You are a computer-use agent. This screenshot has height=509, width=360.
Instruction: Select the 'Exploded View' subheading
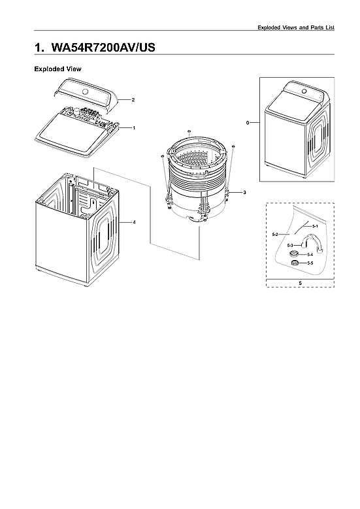pyautogui.click(x=57, y=69)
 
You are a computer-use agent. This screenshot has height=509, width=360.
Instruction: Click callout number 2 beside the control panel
pyautogui.click(x=133, y=100)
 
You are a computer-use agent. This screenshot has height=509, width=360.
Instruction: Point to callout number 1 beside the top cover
pyautogui.click(x=133, y=128)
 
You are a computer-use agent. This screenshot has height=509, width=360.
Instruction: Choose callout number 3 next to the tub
pyautogui.click(x=244, y=193)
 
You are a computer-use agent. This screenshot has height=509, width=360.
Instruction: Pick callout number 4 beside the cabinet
pyautogui.click(x=134, y=222)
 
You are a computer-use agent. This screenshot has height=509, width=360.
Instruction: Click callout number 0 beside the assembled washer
pyautogui.click(x=248, y=122)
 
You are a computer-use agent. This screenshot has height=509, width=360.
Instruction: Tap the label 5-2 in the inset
pyautogui.click(x=275, y=234)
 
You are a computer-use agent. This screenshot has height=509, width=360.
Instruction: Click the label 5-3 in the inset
pyautogui.click(x=290, y=244)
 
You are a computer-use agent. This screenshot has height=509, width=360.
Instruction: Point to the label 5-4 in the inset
pyautogui.click(x=310, y=254)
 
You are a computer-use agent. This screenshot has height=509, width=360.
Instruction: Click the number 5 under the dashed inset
pyautogui.click(x=300, y=283)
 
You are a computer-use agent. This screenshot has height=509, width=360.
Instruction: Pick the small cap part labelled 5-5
pyautogui.click(x=295, y=262)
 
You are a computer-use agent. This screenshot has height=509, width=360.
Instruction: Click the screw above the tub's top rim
pyautogui.click(x=188, y=131)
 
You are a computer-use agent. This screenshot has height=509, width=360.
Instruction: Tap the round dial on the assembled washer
pyautogui.click(x=302, y=90)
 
